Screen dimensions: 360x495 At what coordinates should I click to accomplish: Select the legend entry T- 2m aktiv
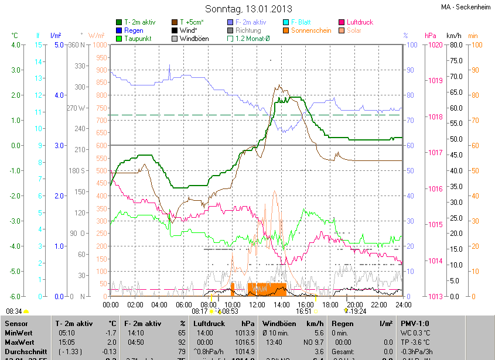(x=139, y=22)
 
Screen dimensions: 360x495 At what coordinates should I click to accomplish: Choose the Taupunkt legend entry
(x=138, y=39)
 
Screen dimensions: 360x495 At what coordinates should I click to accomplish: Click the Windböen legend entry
(x=196, y=39)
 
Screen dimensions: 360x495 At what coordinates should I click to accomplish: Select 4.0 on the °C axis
(x=16, y=44)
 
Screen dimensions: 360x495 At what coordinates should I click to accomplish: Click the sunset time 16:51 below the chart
(x=303, y=311)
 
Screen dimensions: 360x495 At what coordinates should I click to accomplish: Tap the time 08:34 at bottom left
(x=14, y=311)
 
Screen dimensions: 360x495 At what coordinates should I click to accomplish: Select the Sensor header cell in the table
(x=16, y=323)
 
